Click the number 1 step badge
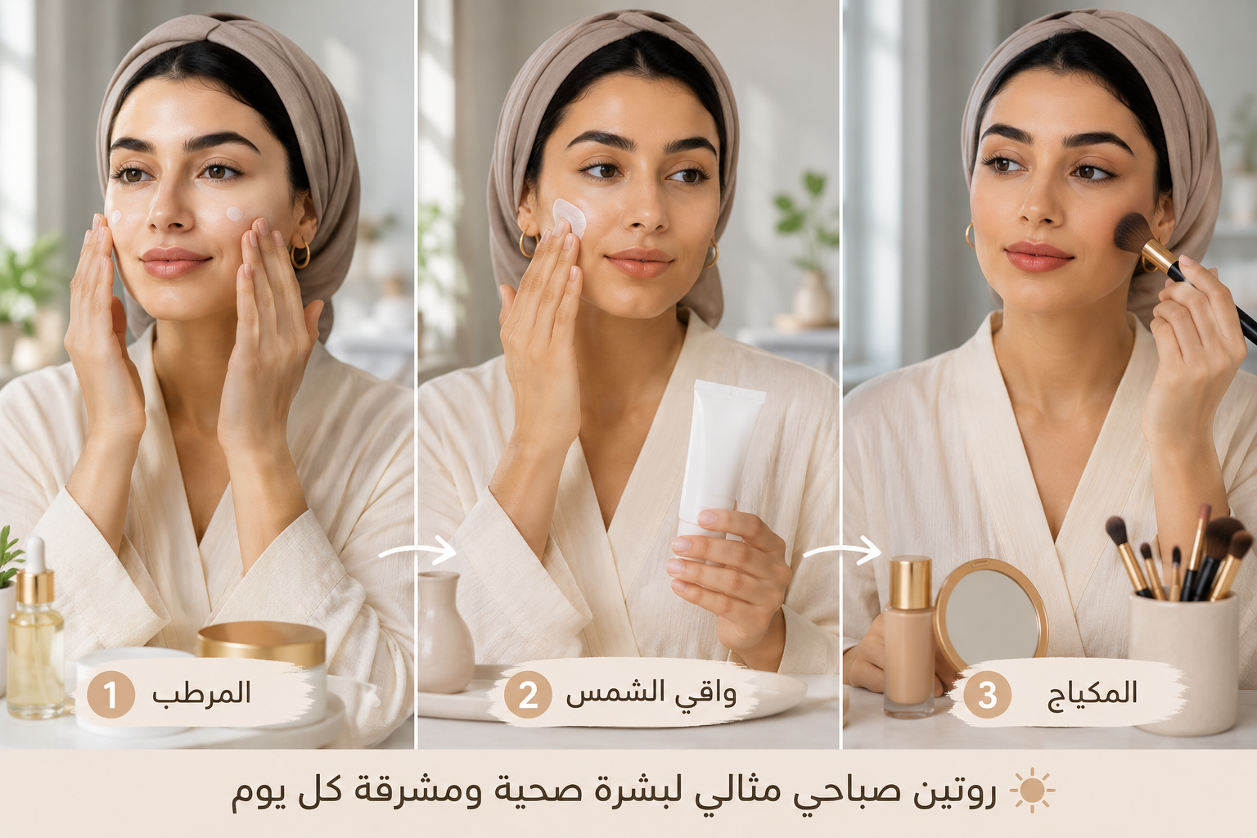point(110,694)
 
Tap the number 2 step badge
point(528,694)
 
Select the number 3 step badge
point(987,694)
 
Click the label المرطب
point(201,694)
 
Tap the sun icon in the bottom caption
point(1032,791)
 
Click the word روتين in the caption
point(954,791)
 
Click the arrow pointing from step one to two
point(417,551)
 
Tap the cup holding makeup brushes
point(1183,662)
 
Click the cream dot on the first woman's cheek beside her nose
point(235,214)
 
